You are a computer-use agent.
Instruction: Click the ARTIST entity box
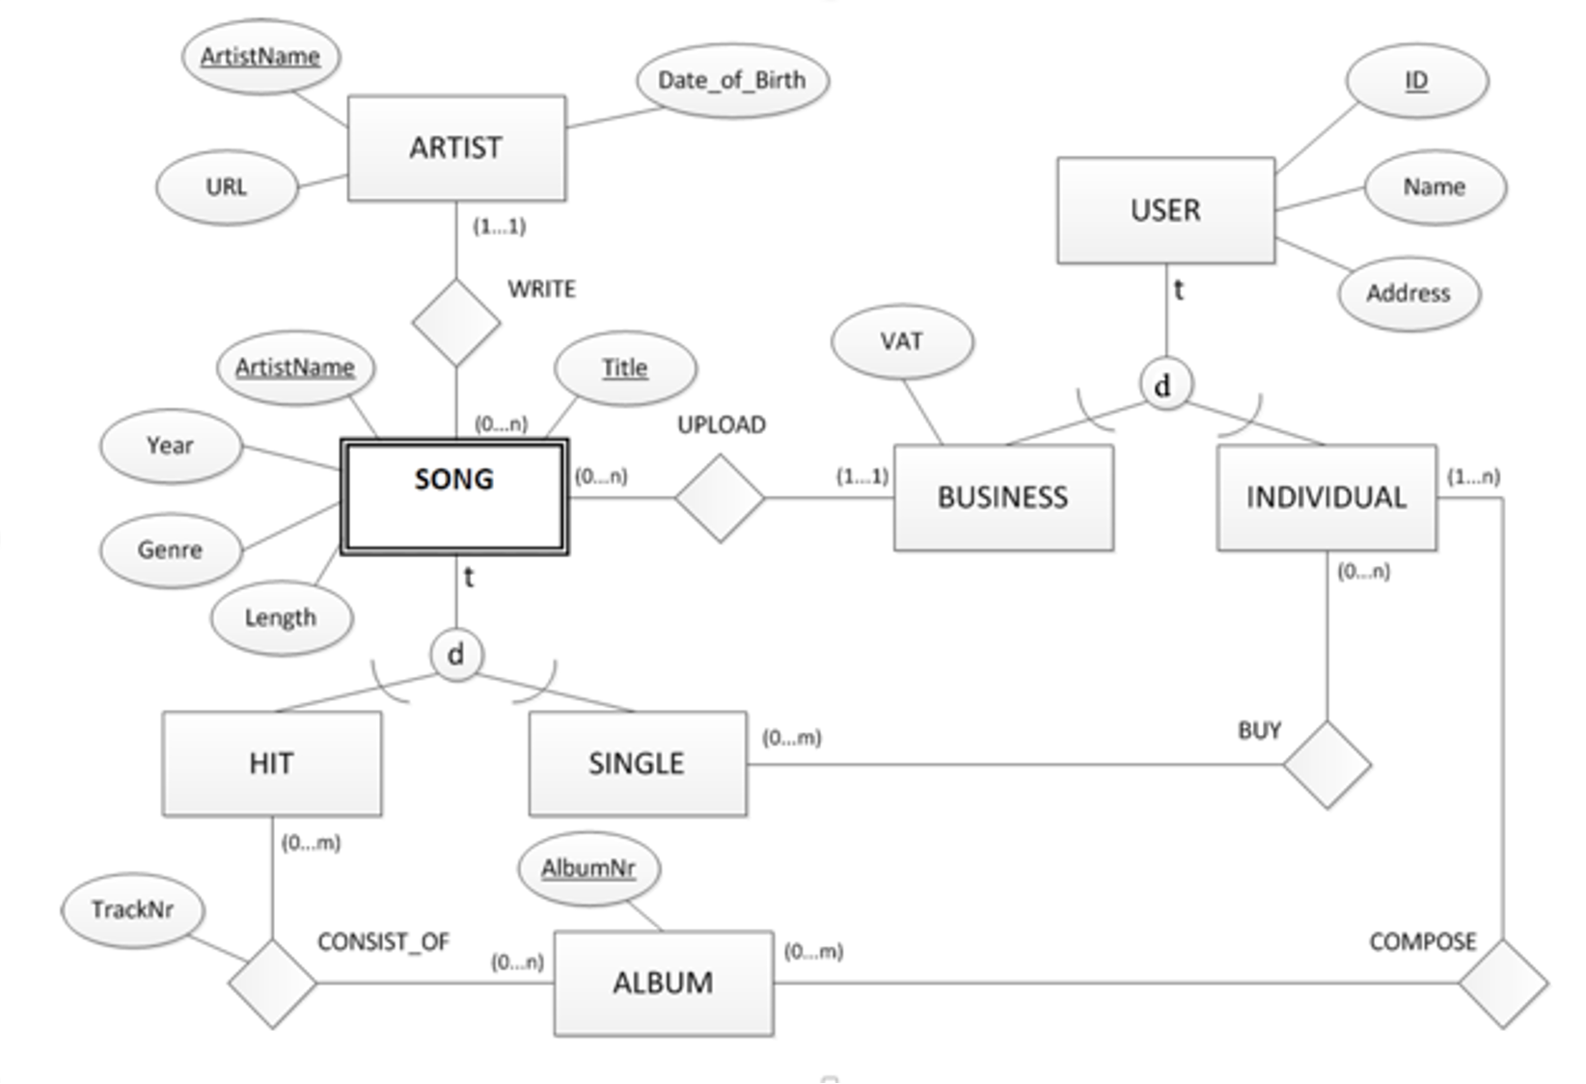(x=456, y=149)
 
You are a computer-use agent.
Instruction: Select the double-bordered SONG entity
(x=454, y=497)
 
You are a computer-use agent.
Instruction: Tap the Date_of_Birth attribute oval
(x=732, y=80)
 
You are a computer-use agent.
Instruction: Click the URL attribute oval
(x=227, y=187)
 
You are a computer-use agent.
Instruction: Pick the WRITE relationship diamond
(x=455, y=322)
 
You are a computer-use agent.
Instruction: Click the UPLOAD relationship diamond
(x=720, y=499)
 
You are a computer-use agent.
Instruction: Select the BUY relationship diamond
(x=1327, y=764)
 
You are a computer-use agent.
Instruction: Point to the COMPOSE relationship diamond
(x=1503, y=983)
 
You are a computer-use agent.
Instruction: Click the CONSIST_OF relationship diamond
(x=272, y=983)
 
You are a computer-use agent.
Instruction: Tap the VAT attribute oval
(x=902, y=341)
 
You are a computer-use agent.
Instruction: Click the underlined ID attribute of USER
(x=1416, y=80)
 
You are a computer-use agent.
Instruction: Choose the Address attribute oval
(x=1408, y=293)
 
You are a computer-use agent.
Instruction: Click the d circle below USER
(x=1165, y=385)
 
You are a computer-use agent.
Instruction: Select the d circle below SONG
(x=455, y=654)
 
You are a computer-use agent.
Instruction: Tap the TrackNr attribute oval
(x=132, y=909)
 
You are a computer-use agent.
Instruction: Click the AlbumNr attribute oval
(x=588, y=868)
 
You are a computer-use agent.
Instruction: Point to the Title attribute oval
(x=625, y=367)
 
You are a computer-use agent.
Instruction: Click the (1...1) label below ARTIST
(x=499, y=227)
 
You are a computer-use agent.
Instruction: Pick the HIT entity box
(x=271, y=764)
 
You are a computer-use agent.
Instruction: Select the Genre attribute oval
(x=170, y=550)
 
